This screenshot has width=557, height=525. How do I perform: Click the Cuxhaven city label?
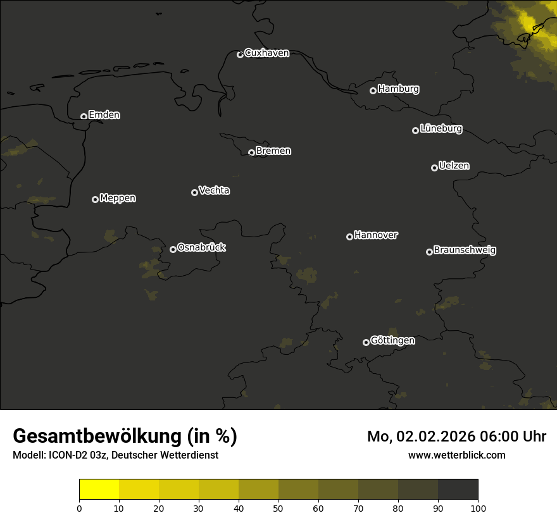coord(266,53)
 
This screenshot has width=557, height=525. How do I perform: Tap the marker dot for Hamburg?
coord(373,90)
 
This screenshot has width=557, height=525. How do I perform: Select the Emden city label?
coord(104,115)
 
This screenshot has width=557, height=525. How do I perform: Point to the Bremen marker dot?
coord(251,152)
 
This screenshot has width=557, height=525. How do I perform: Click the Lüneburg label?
coord(441,129)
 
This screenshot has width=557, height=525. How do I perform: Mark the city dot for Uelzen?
coord(434,168)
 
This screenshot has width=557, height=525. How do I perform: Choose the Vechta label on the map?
coord(214,190)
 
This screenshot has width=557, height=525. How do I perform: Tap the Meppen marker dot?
coord(95,199)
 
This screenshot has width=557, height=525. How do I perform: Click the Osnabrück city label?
coord(201,247)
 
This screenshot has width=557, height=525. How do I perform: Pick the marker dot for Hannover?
coord(349,237)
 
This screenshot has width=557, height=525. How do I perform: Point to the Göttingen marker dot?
coord(366,342)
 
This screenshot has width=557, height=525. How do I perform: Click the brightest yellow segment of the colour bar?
coord(99,490)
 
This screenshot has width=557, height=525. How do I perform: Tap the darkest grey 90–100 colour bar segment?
coord(458,490)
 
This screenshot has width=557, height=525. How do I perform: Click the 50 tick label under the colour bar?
coord(278,508)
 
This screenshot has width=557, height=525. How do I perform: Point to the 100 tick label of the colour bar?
coord(478,508)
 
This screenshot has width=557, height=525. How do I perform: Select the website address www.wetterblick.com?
coord(457,455)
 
